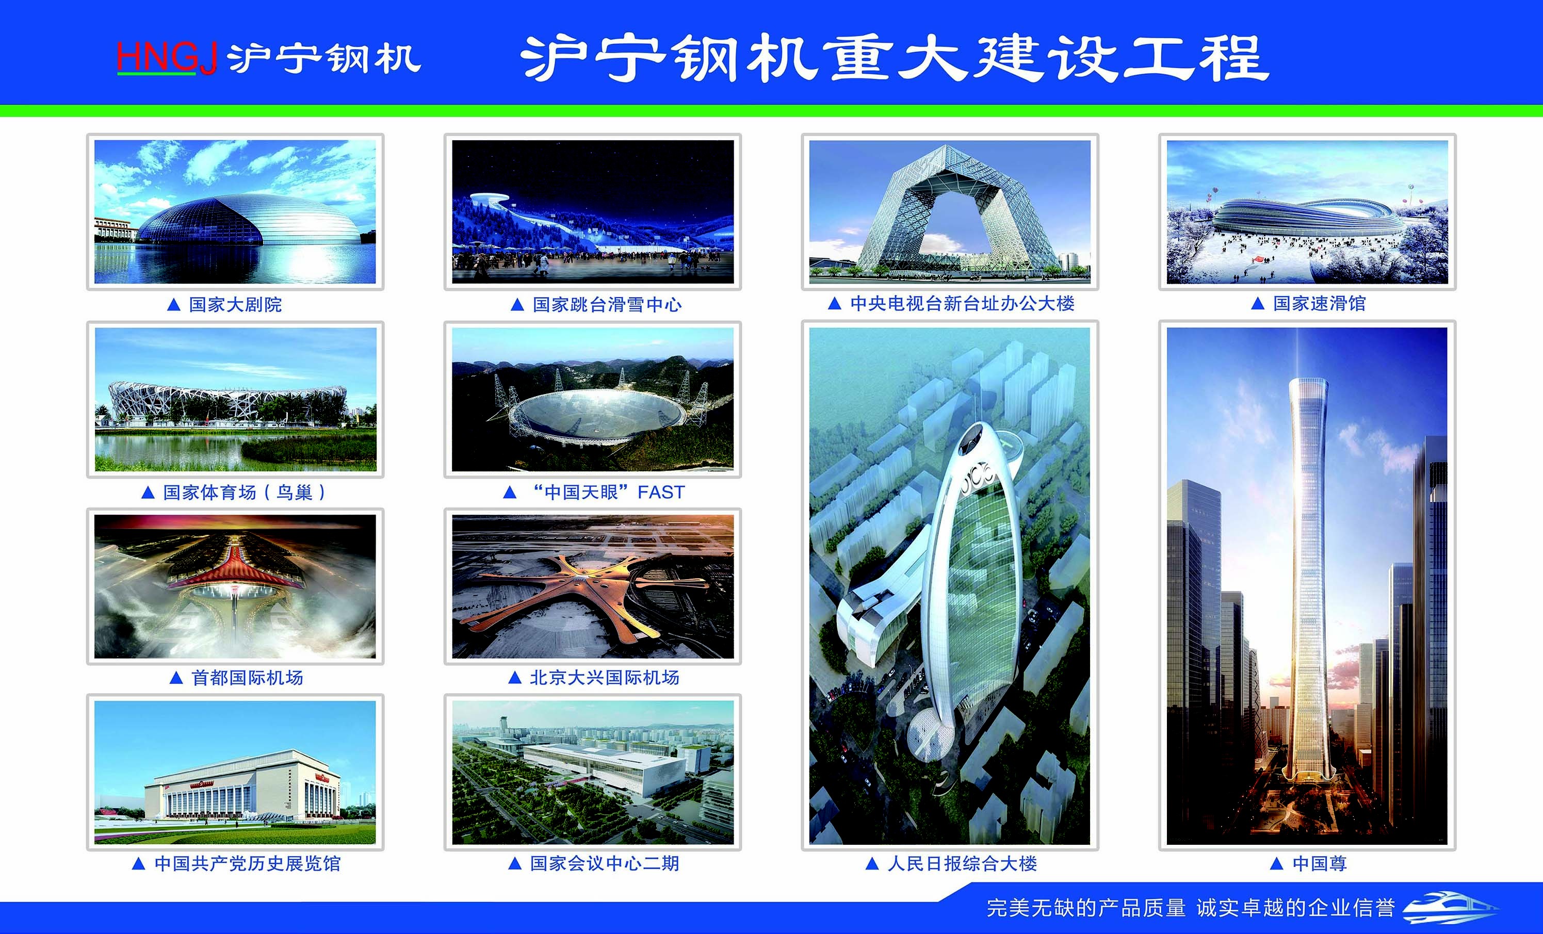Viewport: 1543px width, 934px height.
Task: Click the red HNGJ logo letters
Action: pyautogui.click(x=167, y=58)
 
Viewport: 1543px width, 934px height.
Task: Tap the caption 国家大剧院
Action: pyautogui.click(x=235, y=305)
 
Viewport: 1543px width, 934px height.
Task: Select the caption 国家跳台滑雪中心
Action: pyautogui.click(x=607, y=305)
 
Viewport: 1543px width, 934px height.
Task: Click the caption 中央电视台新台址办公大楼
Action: pyautogui.click(x=962, y=304)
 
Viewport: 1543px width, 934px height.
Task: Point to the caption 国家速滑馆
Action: pyautogui.click(x=1320, y=304)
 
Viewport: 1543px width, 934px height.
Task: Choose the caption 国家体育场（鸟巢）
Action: pyautogui.click(x=244, y=493)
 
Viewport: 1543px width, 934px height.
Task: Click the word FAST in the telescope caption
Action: pyautogui.click(x=661, y=493)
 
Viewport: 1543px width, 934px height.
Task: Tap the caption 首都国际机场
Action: pyautogui.click(x=247, y=678)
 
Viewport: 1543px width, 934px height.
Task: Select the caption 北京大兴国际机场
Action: pyautogui.click(x=604, y=678)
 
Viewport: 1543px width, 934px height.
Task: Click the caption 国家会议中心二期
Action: pyautogui.click(x=604, y=864)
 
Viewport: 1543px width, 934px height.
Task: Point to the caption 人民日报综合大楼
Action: pyautogui.click(x=962, y=864)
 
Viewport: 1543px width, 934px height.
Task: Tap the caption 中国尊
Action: pyautogui.click(x=1320, y=864)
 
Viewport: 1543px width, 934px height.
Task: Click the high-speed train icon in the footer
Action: pyautogui.click(x=1450, y=907)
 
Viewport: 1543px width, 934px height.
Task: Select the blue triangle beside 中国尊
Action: pyautogui.click(x=1277, y=864)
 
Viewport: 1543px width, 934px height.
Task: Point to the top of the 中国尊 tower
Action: pyautogui.click(x=1308, y=380)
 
